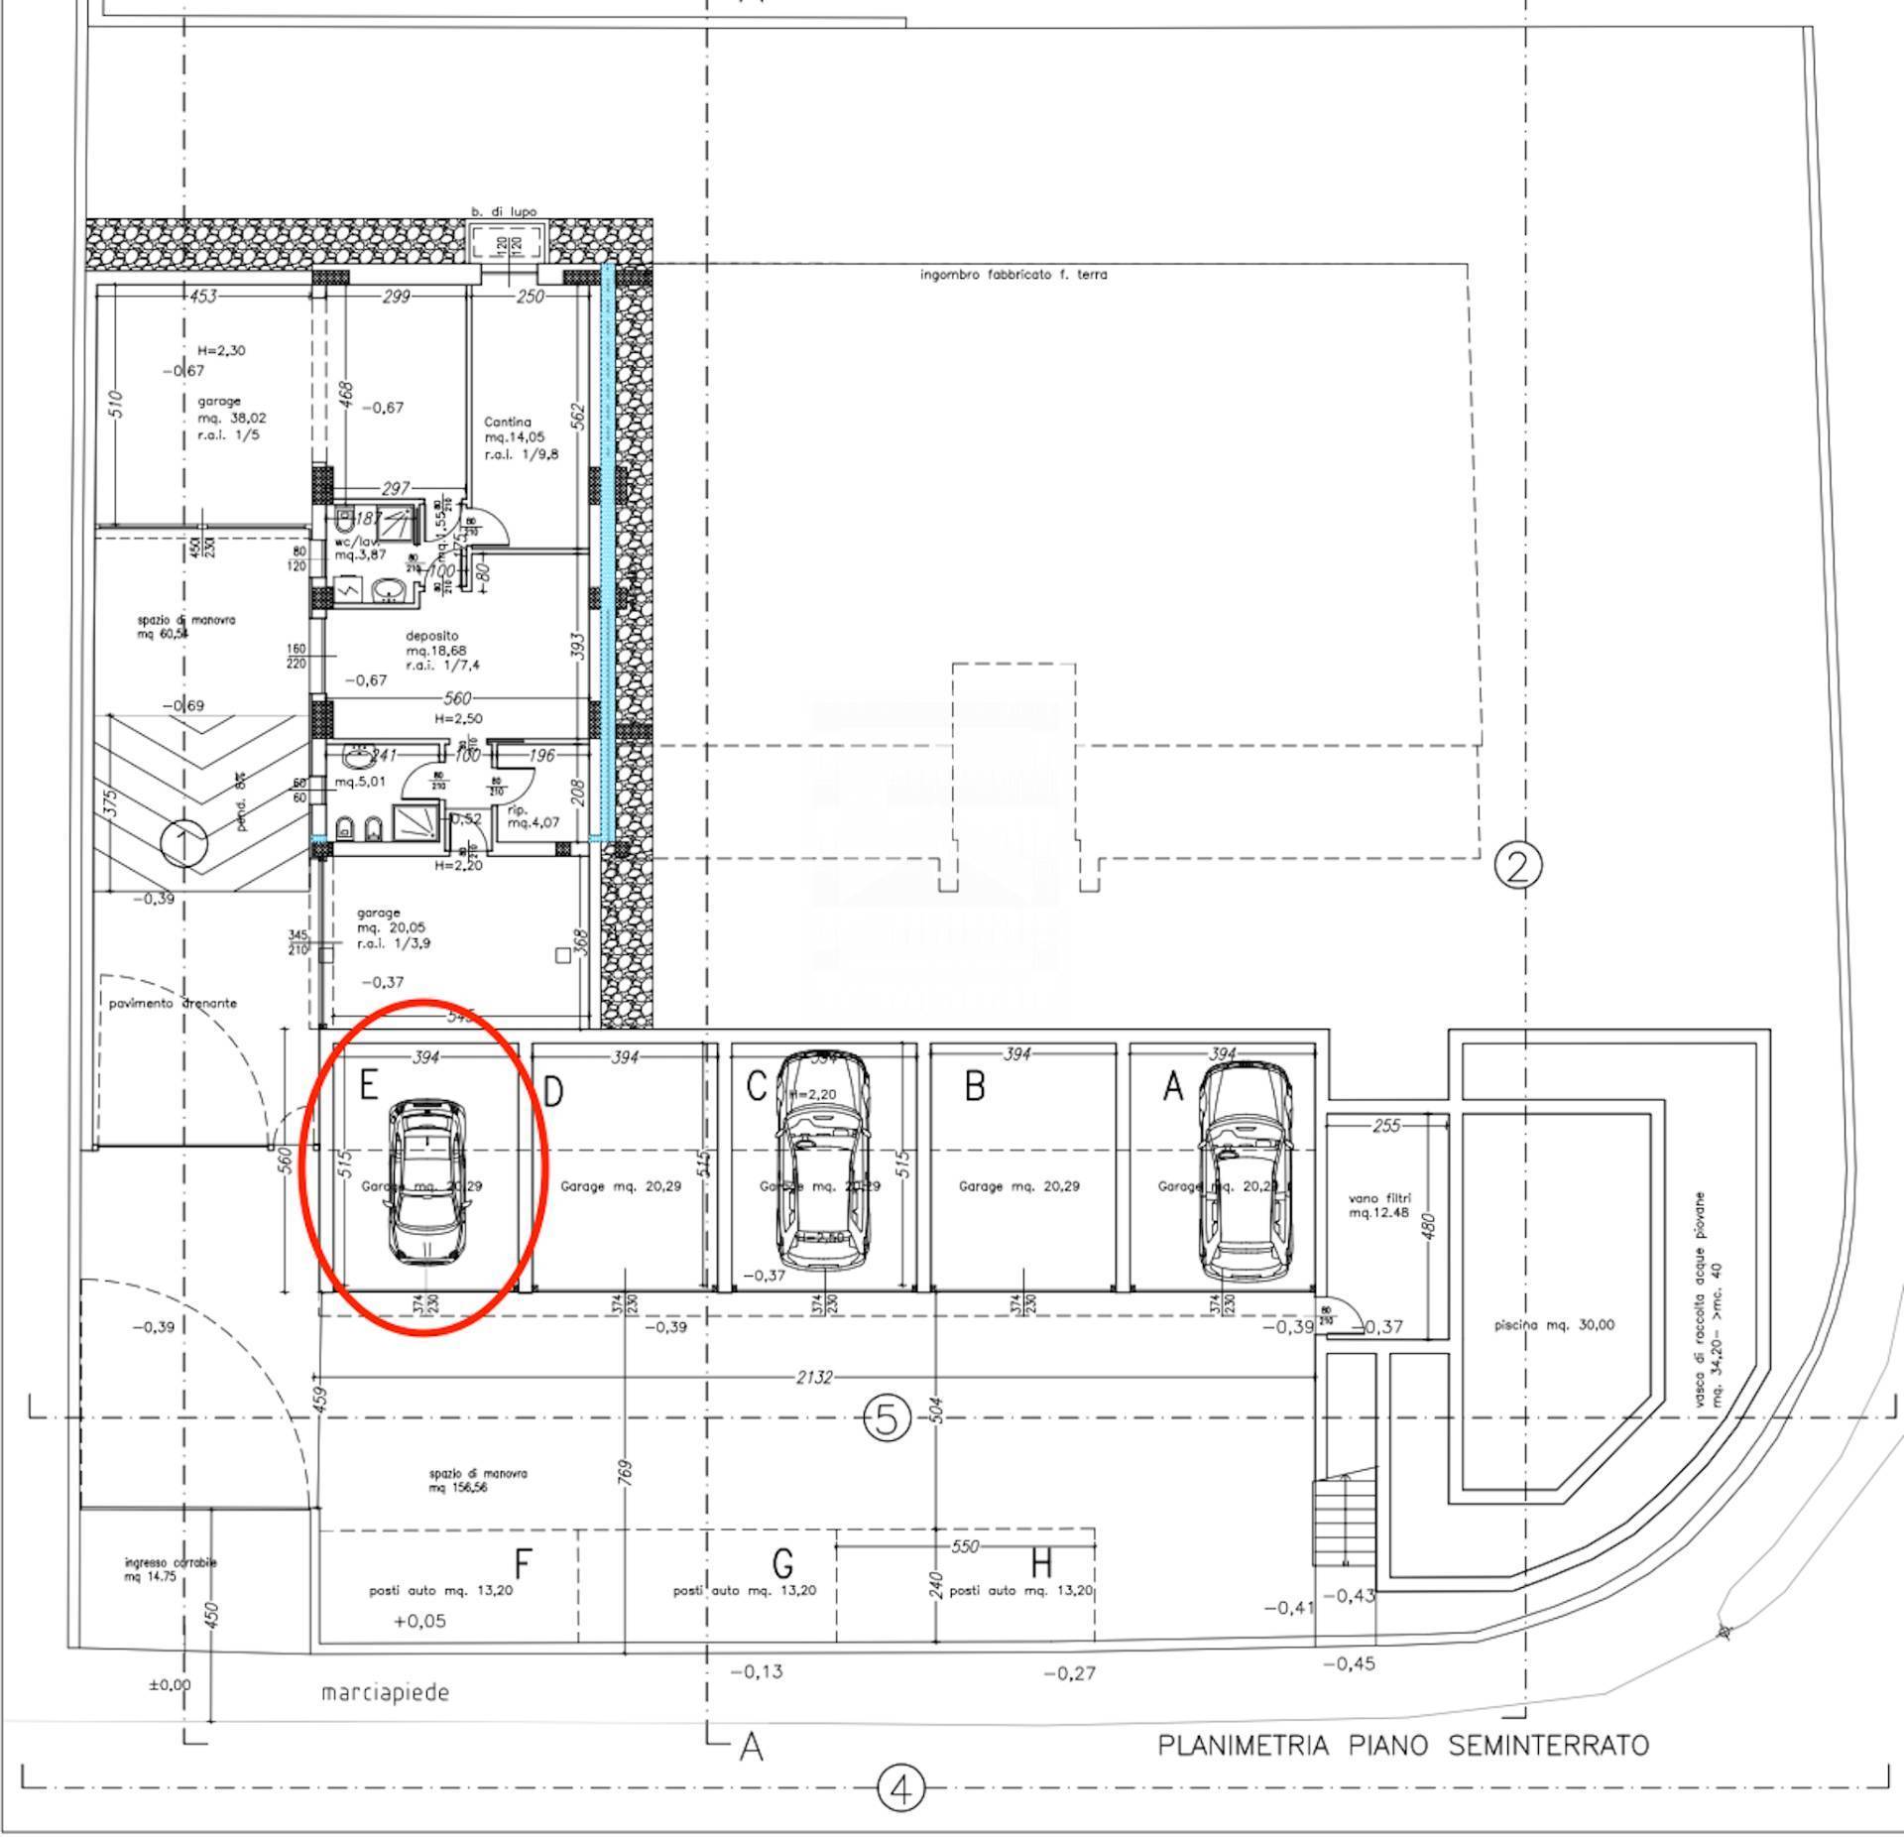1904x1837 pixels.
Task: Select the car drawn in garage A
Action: [x=1246, y=1171]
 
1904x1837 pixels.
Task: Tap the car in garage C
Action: [x=822, y=1161]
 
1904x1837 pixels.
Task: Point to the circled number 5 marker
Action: [x=887, y=1419]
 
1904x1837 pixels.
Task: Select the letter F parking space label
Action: [x=523, y=1565]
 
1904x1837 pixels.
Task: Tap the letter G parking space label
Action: [x=782, y=1565]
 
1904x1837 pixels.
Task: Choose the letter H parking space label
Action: [x=1040, y=1565]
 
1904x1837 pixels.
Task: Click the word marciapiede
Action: [x=385, y=1692]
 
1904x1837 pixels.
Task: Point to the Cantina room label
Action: [x=508, y=423]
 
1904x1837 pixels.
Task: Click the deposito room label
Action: [x=432, y=636]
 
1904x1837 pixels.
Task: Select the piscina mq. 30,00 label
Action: [x=1554, y=1324]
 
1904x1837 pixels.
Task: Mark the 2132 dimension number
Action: [x=814, y=1378]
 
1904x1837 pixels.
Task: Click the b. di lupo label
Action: [x=504, y=211]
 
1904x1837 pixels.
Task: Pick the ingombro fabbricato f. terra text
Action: [x=1013, y=275]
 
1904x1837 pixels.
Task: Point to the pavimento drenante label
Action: [x=173, y=1003]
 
